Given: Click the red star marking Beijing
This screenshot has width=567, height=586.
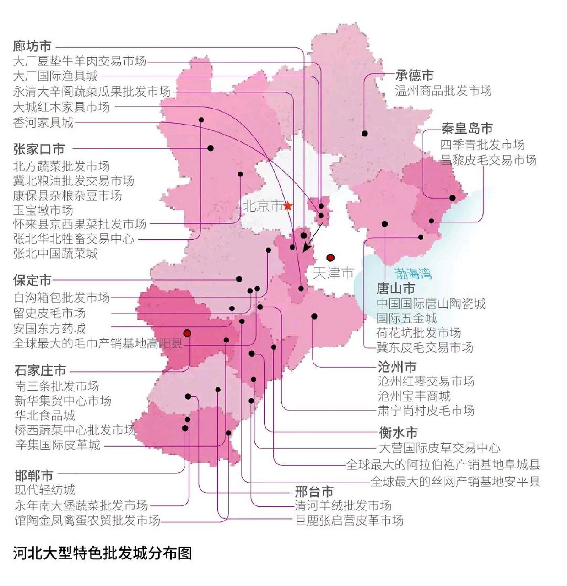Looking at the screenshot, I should [x=287, y=206].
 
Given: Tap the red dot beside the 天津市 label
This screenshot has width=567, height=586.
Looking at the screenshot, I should [x=330, y=257].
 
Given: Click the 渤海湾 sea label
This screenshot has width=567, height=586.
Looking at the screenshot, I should [x=413, y=274].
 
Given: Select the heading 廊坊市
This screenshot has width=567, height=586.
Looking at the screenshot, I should [x=32, y=46].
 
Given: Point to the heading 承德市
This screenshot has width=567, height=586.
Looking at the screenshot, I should [x=414, y=76].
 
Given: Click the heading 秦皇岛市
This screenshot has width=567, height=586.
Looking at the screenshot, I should [x=467, y=128].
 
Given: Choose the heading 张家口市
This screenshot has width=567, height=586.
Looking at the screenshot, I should [x=39, y=149].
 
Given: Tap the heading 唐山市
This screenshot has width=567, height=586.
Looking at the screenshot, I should [x=395, y=288].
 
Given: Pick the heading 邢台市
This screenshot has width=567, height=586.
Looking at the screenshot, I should [x=314, y=492].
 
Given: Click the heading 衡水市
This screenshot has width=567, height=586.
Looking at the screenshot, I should [x=398, y=432].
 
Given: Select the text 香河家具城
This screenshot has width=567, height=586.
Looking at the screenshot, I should [x=43, y=122].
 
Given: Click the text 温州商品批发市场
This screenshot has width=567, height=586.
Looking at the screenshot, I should [x=443, y=91].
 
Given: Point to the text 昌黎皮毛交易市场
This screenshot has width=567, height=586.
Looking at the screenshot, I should [x=488, y=160].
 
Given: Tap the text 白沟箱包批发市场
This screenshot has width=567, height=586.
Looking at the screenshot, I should [x=62, y=298].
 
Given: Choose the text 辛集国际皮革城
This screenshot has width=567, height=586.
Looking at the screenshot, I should [x=58, y=445].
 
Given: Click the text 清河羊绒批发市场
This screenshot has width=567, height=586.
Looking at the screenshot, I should [x=343, y=505].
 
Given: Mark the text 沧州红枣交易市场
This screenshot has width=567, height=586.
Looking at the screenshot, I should [x=426, y=381].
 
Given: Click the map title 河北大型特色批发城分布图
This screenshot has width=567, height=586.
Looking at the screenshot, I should [x=103, y=553].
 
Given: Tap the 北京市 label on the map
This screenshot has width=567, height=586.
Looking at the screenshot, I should [x=263, y=206].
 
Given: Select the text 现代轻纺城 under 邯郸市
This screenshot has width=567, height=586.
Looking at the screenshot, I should [x=45, y=490].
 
